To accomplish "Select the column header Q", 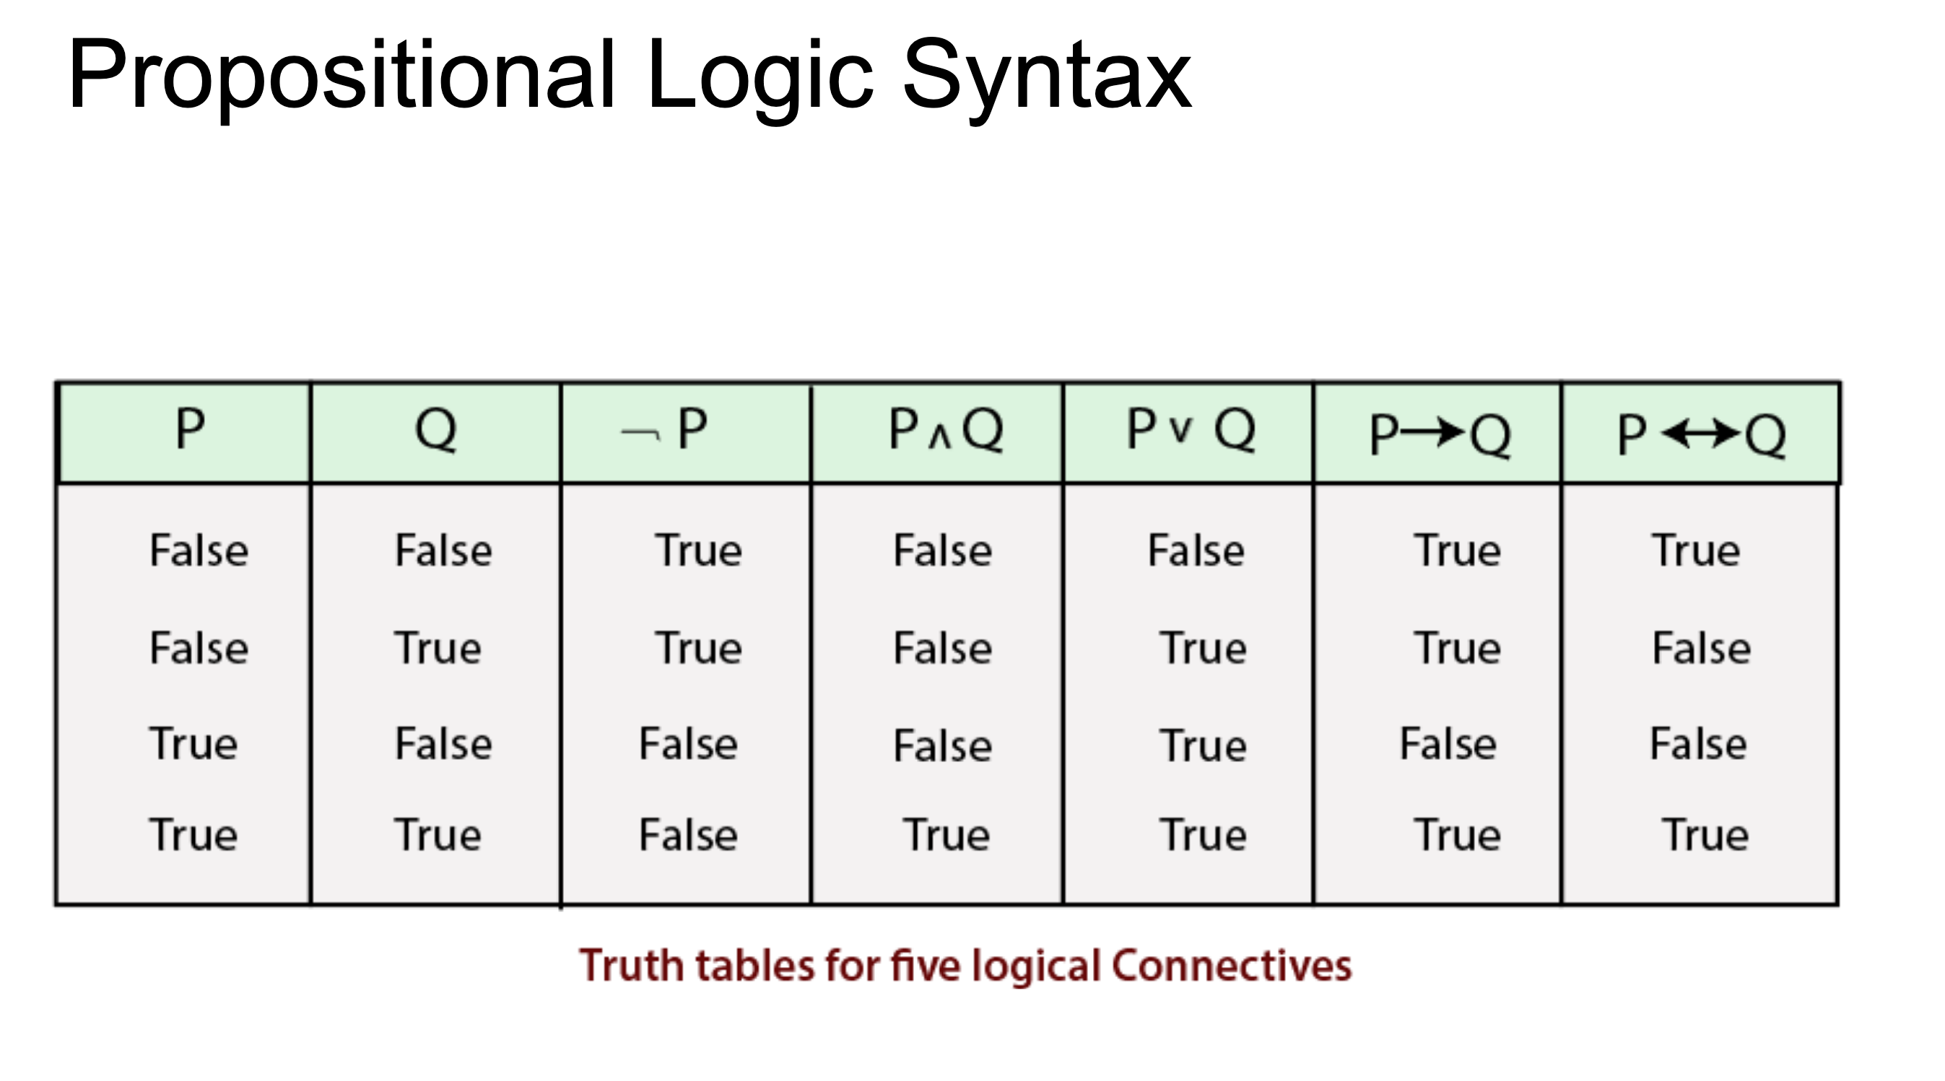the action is pyautogui.click(x=435, y=430).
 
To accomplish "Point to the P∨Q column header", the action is pyautogui.click(x=1191, y=429).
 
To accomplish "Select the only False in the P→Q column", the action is pyautogui.click(x=1448, y=743).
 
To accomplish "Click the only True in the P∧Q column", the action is pyautogui.click(x=945, y=835).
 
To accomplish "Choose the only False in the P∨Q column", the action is pyautogui.click(x=1196, y=550).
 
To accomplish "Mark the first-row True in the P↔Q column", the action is pyautogui.click(x=1696, y=550).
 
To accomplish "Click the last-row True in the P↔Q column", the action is pyautogui.click(x=1705, y=835).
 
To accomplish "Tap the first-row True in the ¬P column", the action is pyautogui.click(x=698, y=550).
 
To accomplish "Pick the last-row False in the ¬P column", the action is pyautogui.click(x=688, y=835).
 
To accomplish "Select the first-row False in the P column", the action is pyautogui.click(x=199, y=550).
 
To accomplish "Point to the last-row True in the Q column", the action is pyautogui.click(x=438, y=835).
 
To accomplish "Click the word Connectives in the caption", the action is pyautogui.click(x=1232, y=966).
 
